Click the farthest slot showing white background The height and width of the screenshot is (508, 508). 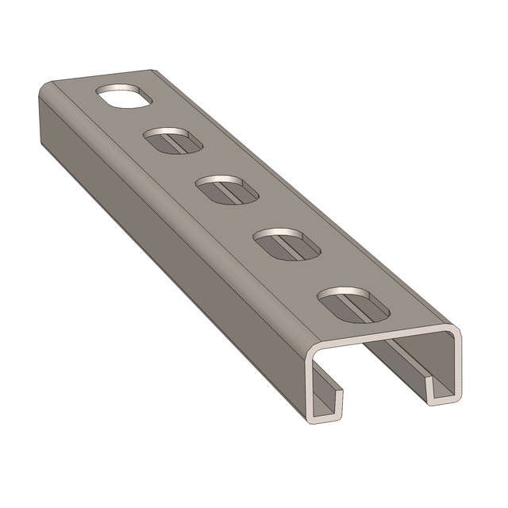pyautogui.click(x=123, y=96)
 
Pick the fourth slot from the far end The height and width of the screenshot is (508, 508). pyautogui.click(x=286, y=243)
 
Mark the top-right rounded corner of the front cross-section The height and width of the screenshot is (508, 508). pyautogui.click(x=454, y=333)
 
